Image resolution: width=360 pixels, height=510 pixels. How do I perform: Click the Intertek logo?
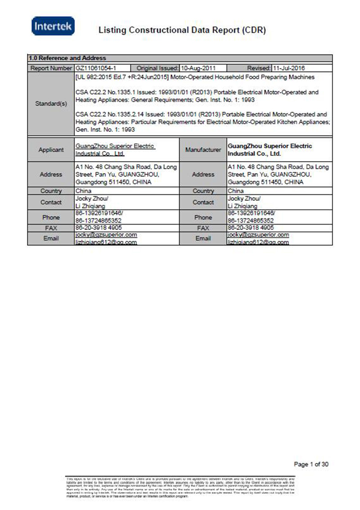pos(53,26)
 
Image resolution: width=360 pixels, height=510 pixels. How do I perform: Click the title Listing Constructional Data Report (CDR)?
pos(182,31)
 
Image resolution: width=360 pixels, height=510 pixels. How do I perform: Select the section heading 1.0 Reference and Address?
pos(67,58)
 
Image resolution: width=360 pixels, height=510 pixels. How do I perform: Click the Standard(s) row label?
pos(51,104)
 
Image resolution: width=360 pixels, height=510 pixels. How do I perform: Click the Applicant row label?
pos(51,150)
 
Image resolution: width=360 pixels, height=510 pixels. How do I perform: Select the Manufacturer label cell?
pos(203,150)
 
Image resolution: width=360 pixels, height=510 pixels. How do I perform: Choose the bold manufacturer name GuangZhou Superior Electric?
pos(270,146)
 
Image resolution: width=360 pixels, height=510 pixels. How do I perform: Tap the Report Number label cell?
pos(51,68)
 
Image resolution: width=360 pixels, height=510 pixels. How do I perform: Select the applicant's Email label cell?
pos(51,238)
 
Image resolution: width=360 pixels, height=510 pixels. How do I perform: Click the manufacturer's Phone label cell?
pos(203,217)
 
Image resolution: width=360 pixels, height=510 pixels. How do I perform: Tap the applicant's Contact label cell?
pos(51,202)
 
